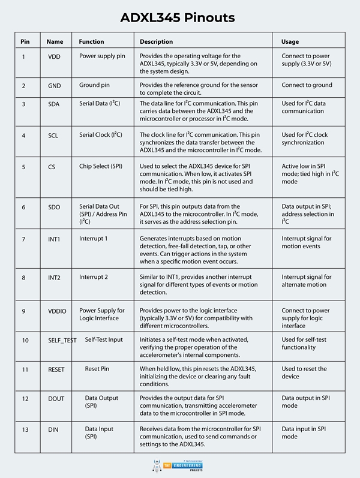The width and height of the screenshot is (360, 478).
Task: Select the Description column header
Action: [x=156, y=41]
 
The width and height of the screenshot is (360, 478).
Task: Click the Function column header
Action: [x=91, y=41]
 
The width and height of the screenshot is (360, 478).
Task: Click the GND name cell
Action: [x=55, y=86]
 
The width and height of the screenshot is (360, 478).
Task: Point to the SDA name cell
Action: [x=54, y=104]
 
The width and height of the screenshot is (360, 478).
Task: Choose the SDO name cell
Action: [x=54, y=207]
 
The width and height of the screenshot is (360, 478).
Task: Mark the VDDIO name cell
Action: [x=57, y=311]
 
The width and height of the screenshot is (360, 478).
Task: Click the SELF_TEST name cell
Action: [x=62, y=340]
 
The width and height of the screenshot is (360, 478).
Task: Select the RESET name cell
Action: [x=56, y=369]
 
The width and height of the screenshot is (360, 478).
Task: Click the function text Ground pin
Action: [x=98, y=85]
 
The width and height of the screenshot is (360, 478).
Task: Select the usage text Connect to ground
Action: [x=307, y=85]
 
